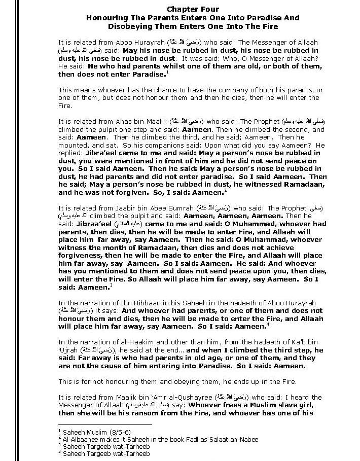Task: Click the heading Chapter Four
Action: [x=193, y=9]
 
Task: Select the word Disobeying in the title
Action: [x=130, y=26]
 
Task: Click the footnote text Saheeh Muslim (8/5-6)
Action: [x=87, y=432]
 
